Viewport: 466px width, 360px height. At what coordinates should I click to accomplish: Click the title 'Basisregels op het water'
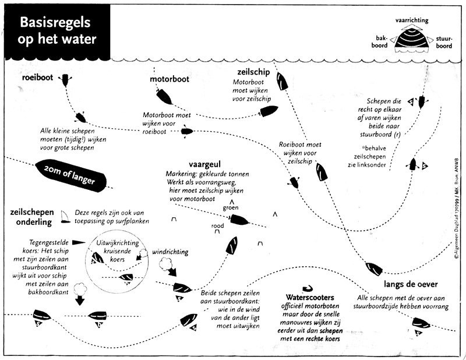tap(57, 31)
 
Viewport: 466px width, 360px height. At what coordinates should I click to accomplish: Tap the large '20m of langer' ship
tap(70, 175)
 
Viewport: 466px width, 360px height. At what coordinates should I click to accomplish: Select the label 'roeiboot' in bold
tap(37, 77)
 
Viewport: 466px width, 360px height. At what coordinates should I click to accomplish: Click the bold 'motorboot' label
tap(170, 79)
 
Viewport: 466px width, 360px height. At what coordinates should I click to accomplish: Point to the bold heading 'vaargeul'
tap(205, 164)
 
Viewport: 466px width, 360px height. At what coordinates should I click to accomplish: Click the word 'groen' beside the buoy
tap(231, 207)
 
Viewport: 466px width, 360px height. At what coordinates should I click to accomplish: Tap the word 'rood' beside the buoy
tap(217, 226)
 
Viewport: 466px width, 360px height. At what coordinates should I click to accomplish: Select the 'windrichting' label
tap(170, 252)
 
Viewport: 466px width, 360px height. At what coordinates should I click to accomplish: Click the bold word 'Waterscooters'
tap(310, 297)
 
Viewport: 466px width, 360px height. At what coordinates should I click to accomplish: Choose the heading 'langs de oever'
tap(411, 284)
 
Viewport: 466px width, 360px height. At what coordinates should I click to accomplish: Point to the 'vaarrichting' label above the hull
tap(412, 20)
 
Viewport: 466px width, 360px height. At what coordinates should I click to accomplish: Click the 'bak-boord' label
tap(380, 42)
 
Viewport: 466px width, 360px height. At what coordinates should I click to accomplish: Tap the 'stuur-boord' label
tap(444, 42)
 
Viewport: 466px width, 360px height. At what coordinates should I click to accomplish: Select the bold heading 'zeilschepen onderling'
tap(33, 217)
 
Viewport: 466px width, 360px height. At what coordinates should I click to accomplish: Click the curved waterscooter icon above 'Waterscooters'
tap(308, 288)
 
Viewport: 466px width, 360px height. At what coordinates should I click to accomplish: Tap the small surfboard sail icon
tap(65, 217)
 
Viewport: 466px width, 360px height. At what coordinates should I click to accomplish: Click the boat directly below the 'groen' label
tap(239, 220)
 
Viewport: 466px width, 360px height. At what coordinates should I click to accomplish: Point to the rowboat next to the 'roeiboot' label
tap(65, 79)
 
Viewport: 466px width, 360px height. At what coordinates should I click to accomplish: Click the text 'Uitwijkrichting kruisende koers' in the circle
tap(118, 251)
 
